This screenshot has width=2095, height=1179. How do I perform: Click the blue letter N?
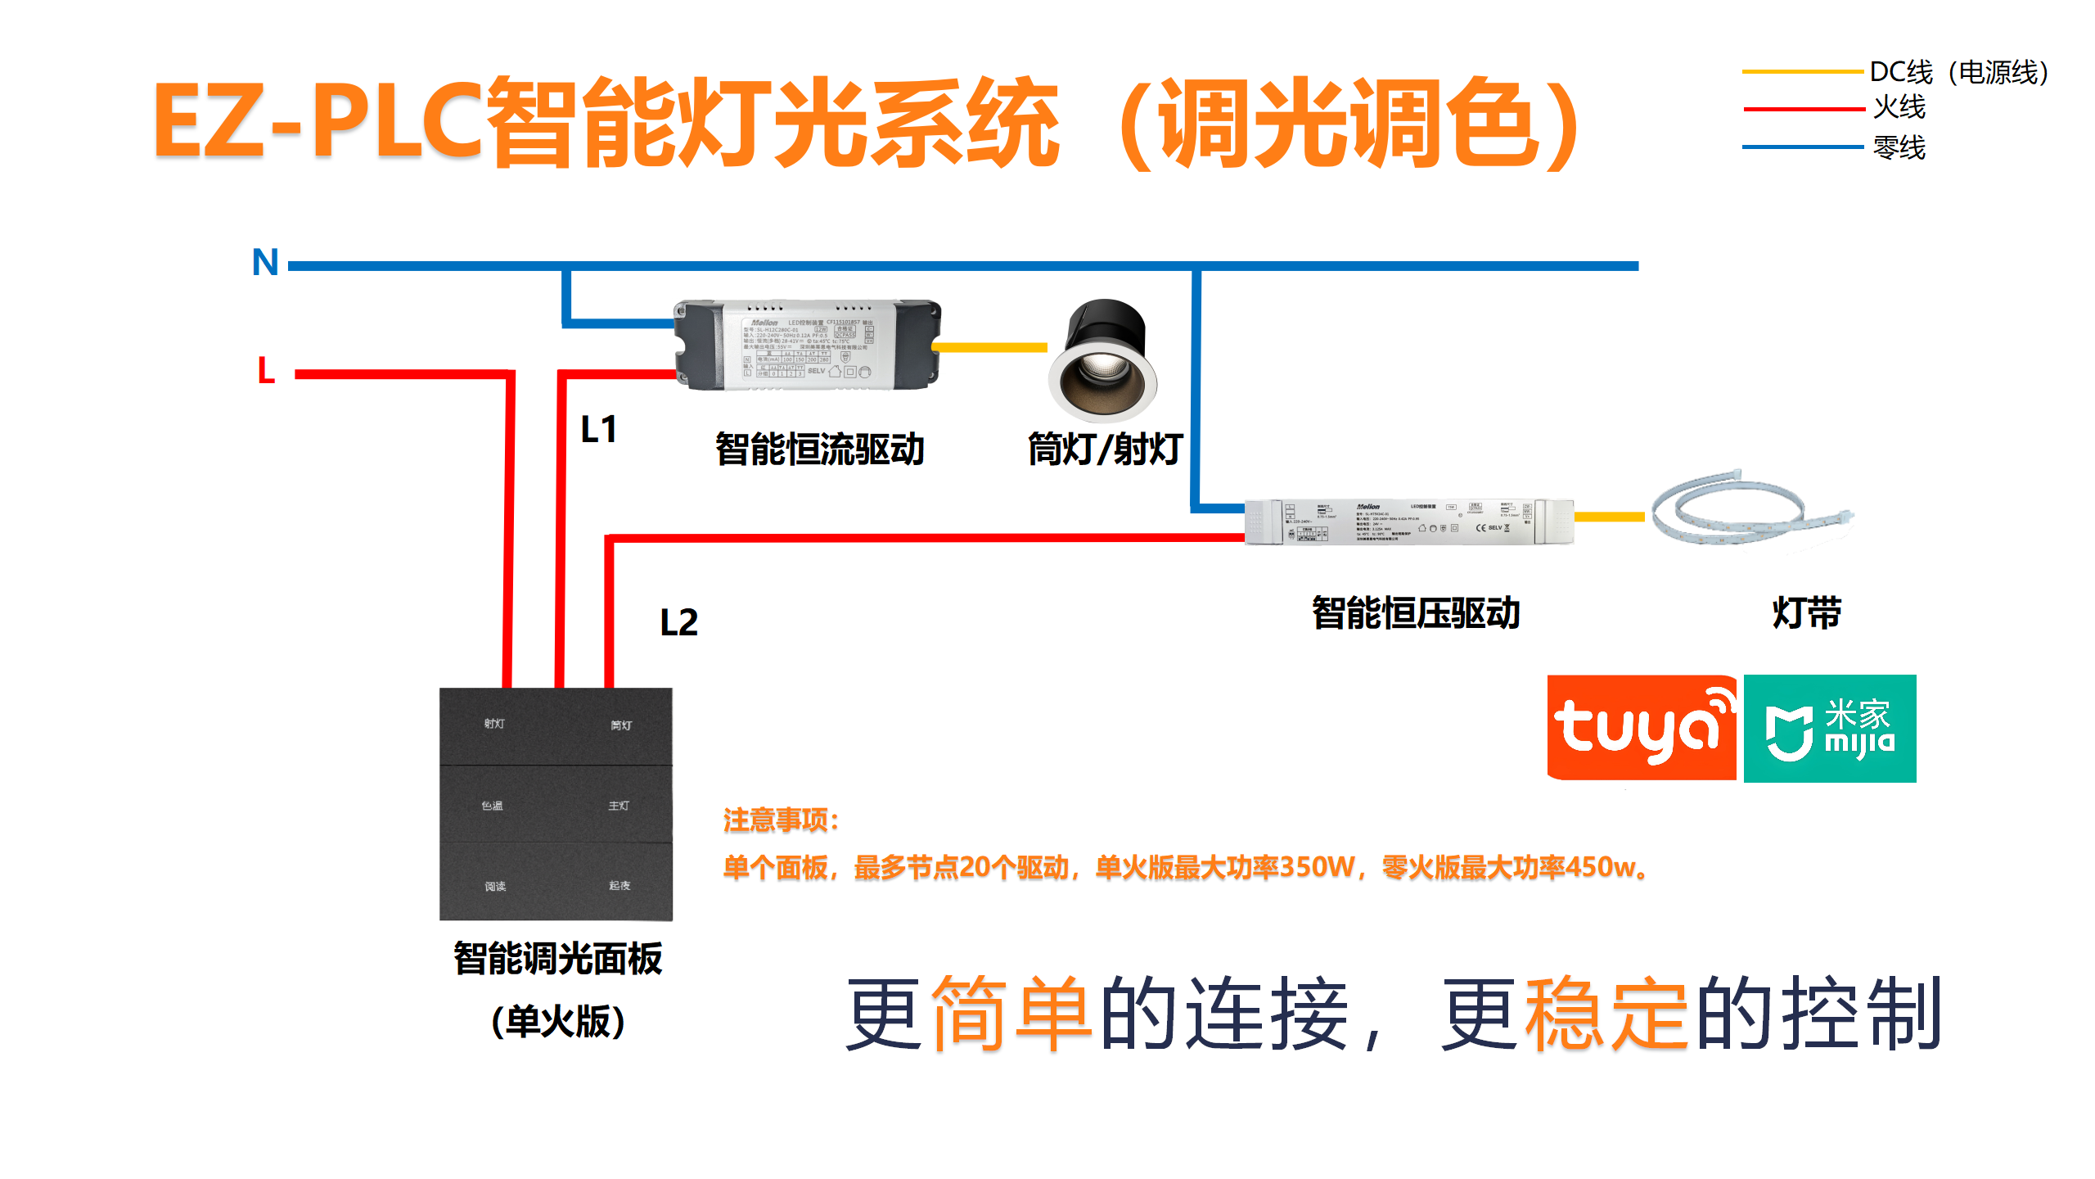[x=265, y=263]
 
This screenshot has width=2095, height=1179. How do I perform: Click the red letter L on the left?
[x=266, y=371]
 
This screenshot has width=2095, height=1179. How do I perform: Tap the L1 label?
[x=598, y=430]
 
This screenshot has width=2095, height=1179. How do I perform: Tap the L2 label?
[x=678, y=623]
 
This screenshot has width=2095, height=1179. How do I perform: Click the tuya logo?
[x=1641, y=728]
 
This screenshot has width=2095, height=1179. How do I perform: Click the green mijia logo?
[x=1830, y=728]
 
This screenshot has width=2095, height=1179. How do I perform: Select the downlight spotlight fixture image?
[x=1103, y=361]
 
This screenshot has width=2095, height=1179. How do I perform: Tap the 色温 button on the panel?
[x=492, y=806]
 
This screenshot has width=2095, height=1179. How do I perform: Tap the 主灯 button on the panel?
[x=619, y=806]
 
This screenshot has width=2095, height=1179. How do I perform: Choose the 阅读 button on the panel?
[x=494, y=887]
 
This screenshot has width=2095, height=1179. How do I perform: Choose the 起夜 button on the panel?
[x=619, y=886]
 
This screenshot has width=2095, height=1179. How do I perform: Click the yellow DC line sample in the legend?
[x=1802, y=72]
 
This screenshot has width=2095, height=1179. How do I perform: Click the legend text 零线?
[x=1899, y=148]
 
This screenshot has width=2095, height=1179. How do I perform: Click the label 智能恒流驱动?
[x=819, y=449]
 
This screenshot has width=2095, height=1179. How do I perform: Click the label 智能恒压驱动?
[x=1416, y=613]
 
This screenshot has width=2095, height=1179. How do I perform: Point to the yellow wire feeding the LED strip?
[x=1608, y=517]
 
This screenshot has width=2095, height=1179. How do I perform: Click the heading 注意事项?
[x=781, y=820]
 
